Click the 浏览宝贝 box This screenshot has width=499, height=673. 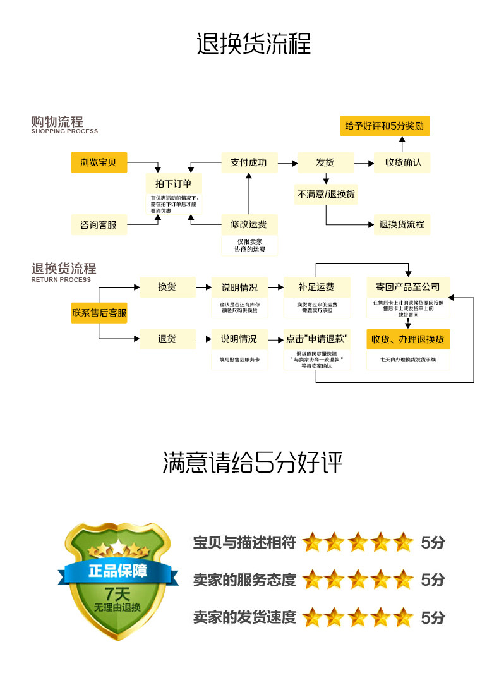[99, 162]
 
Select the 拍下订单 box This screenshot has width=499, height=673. [173, 184]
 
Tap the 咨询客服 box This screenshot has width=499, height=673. [99, 224]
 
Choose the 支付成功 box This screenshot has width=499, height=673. [248, 162]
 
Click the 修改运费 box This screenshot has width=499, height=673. [248, 224]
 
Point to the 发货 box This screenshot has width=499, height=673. [325, 162]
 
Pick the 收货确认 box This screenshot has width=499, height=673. [402, 162]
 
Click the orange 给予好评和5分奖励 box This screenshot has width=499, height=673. [384, 126]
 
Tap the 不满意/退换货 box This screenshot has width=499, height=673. [326, 194]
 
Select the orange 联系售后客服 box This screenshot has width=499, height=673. [99, 313]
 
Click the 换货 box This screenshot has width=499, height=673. [167, 287]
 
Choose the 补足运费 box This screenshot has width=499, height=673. [316, 287]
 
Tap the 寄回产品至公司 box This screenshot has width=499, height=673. [408, 287]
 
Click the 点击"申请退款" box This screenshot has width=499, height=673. [316, 339]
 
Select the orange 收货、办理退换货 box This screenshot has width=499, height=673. [408, 339]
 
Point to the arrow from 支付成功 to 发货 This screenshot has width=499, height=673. [287, 163]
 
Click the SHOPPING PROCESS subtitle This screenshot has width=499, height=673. [64, 131]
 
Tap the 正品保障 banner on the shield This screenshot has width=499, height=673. [117, 571]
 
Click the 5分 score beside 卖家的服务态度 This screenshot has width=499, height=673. [433, 579]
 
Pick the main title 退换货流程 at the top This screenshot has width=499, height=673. [253, 45]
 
